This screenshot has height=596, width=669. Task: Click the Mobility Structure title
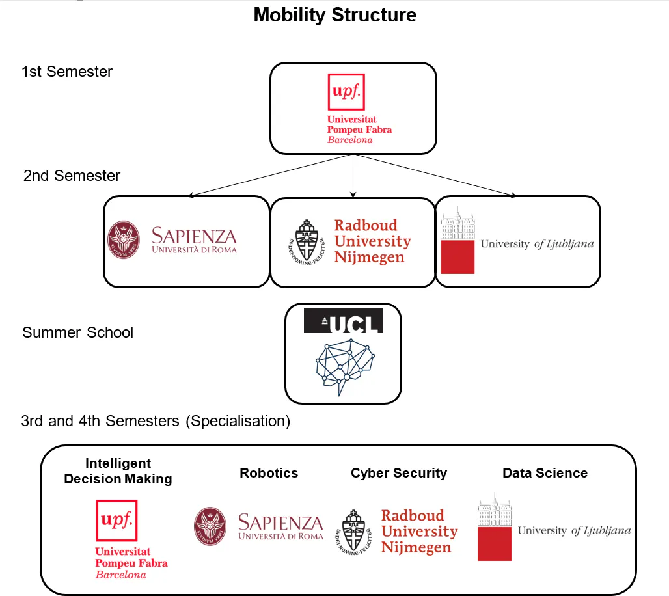click(335, 15)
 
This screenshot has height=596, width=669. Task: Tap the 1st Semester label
click(67, 72)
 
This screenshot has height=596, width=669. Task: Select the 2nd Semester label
click(72, 176)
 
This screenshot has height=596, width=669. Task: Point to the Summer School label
click(77, 332)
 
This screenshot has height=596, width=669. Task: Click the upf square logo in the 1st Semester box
click(346, 92)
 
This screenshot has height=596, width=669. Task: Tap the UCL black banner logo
click(343, 321)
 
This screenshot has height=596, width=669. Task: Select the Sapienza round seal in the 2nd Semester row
click(124, 239)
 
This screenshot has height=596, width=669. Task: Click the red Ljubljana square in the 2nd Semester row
click(457, 257)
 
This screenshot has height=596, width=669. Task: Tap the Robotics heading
click(269, 473)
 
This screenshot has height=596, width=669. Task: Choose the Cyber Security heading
click(399, 473)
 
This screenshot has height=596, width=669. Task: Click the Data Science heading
click(545, 473)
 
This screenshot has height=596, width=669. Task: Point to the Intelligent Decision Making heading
click(118, 471)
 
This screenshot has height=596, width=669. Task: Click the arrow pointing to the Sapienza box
click(269, 175)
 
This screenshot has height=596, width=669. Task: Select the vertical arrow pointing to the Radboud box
click(353, 176)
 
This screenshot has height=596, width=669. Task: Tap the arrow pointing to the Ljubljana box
click(435, 175)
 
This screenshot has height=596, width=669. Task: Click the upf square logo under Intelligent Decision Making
click(116, 521)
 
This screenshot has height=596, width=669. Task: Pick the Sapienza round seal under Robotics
click(210, 526)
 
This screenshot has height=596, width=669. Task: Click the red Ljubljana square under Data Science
click(495, 544)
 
